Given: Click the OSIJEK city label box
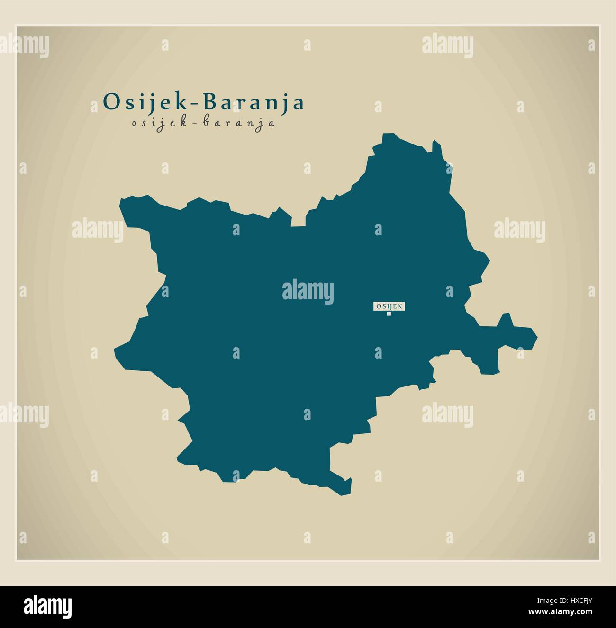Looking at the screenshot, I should point(389,306).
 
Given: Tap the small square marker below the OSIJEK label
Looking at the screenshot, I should point(389,313).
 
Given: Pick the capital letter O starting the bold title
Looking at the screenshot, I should point(109,102).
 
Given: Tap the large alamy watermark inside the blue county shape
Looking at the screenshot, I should point(308,290).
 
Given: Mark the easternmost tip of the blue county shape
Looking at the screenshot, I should point(537,337).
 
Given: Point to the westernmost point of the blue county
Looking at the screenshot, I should point(114,350).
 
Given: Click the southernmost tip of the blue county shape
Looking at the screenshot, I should point(343,495).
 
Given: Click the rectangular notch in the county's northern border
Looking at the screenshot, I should point(298,221).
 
